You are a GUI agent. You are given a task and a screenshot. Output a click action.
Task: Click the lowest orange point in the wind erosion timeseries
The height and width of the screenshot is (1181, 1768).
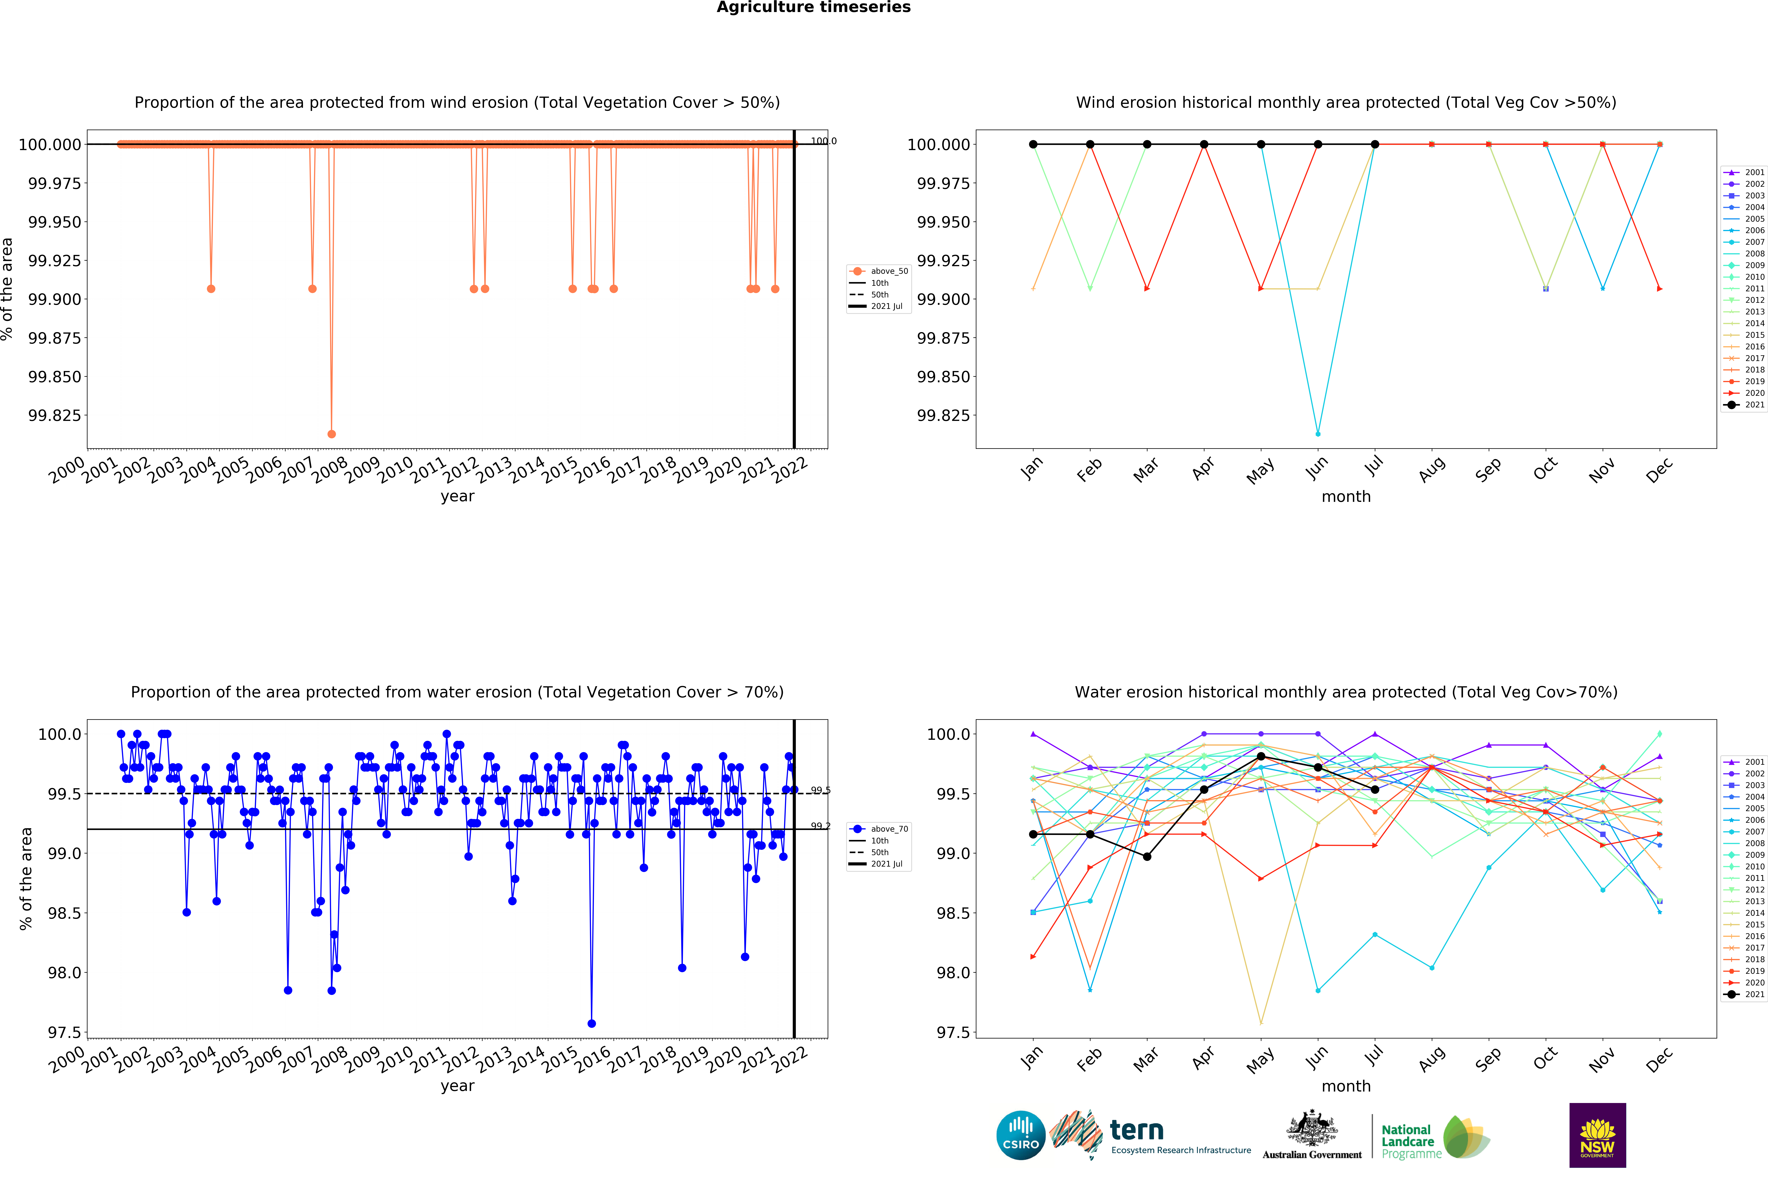[332, 434]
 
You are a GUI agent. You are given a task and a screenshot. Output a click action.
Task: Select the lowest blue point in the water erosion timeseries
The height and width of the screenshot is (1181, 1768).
[592, 1024]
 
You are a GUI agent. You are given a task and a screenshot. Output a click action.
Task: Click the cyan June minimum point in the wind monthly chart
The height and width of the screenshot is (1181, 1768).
[1317, 434]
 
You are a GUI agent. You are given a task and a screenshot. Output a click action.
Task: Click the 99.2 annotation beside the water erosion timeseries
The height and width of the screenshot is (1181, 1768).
[820, 826]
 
